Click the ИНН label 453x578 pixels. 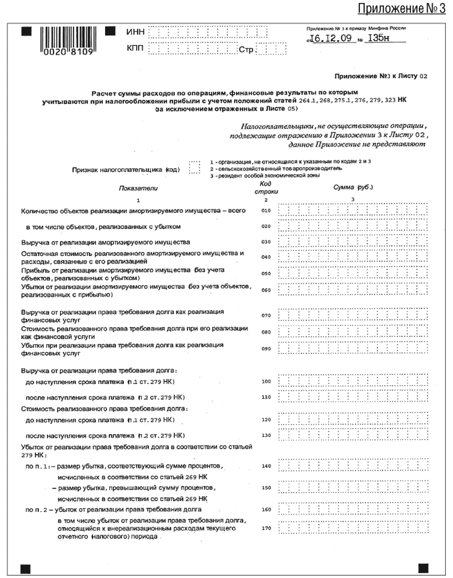coord(135,32)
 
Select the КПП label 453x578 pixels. coord(135,49)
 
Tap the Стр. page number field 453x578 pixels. coord(272,50)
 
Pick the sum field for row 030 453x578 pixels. coord(353,242)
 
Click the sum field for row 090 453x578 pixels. coord(353,349)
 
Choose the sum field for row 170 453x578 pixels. coord(353,529)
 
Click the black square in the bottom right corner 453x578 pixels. coord(423,567)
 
